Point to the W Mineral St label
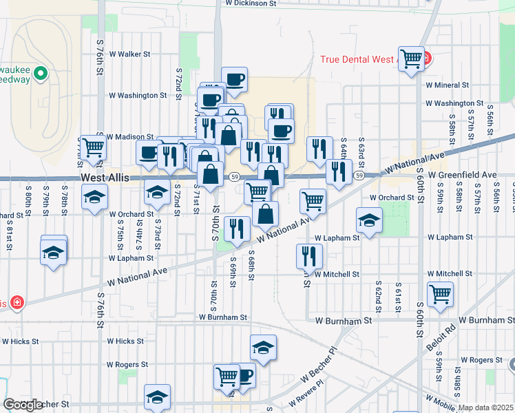pyautogui.click(x=447, y=85)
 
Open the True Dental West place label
pyautogui.click(x=358, y=59)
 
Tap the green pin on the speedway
pyautogui.click(x=40, y=72)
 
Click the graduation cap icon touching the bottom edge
pyautogui.click(x=157, y=397)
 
